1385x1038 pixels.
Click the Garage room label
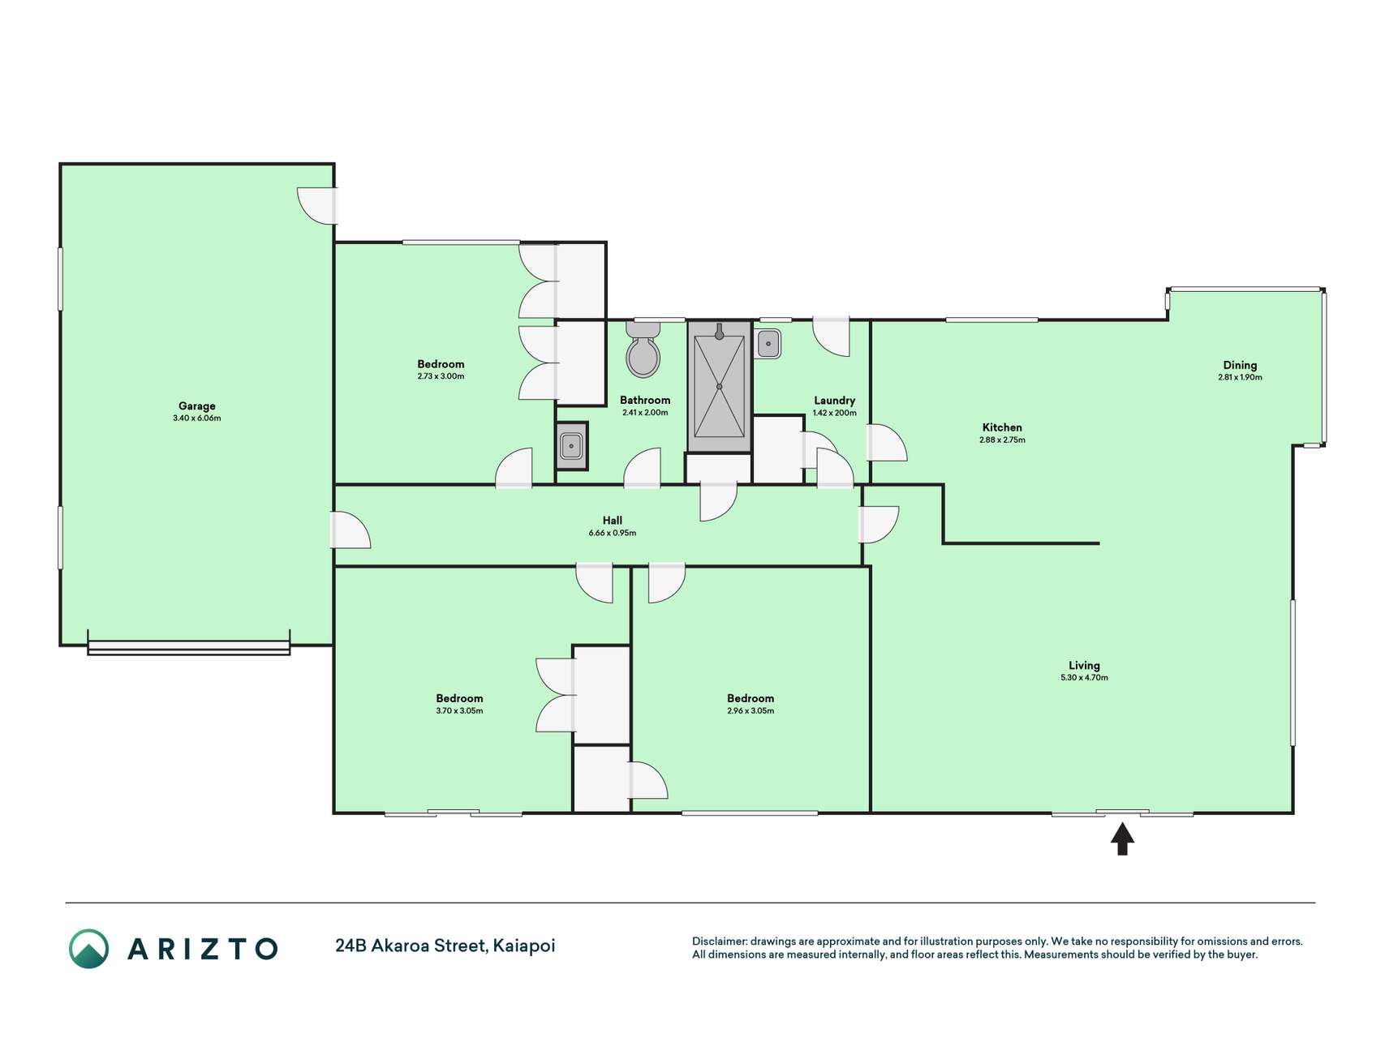point(197,406)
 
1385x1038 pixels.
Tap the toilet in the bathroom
point(643,350)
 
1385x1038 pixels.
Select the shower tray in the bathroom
point(719,387)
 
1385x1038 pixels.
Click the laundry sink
point(768,344)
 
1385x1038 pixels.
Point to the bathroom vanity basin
point(571,446)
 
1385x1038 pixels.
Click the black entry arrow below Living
point(1122,839)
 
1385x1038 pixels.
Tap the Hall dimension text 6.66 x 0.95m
point(613,533)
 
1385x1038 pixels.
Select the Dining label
point(1240,365)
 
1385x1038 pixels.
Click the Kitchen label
point(1002,427)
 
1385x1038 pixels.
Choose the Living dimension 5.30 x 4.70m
point(1084,677)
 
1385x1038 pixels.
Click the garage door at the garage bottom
point(189,647)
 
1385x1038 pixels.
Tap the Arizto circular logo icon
point(88,948)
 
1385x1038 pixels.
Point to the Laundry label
point(834,400)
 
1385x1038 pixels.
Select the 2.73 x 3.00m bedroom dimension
point(441,376)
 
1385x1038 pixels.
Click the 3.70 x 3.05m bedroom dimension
point(459,710)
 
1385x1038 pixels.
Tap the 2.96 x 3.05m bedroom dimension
point(751,710)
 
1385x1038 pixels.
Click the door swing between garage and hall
point(351,530)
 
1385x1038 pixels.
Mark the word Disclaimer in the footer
point(719,941)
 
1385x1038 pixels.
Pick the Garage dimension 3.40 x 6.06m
point(197,418)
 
